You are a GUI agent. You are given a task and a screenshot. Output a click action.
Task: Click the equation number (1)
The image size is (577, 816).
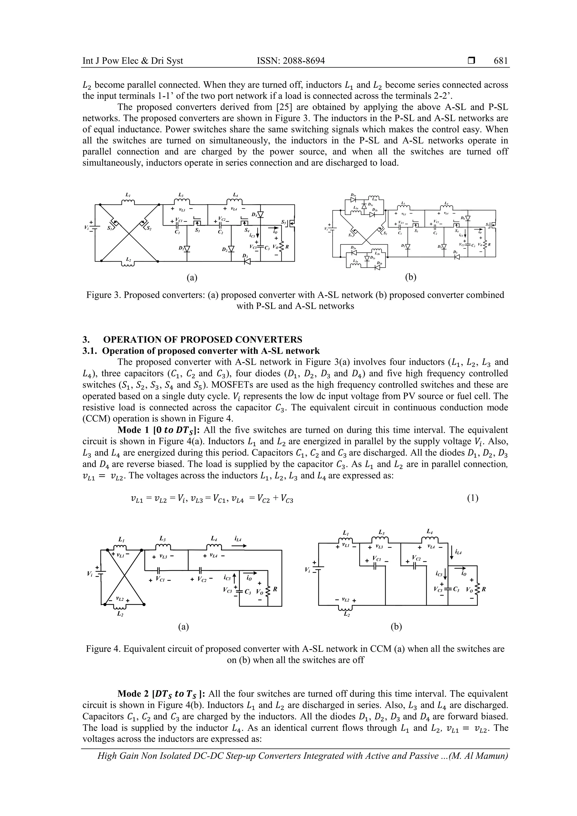(x=472, y=498)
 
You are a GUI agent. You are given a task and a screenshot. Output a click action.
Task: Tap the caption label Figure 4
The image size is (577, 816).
(x=103, y=649)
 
